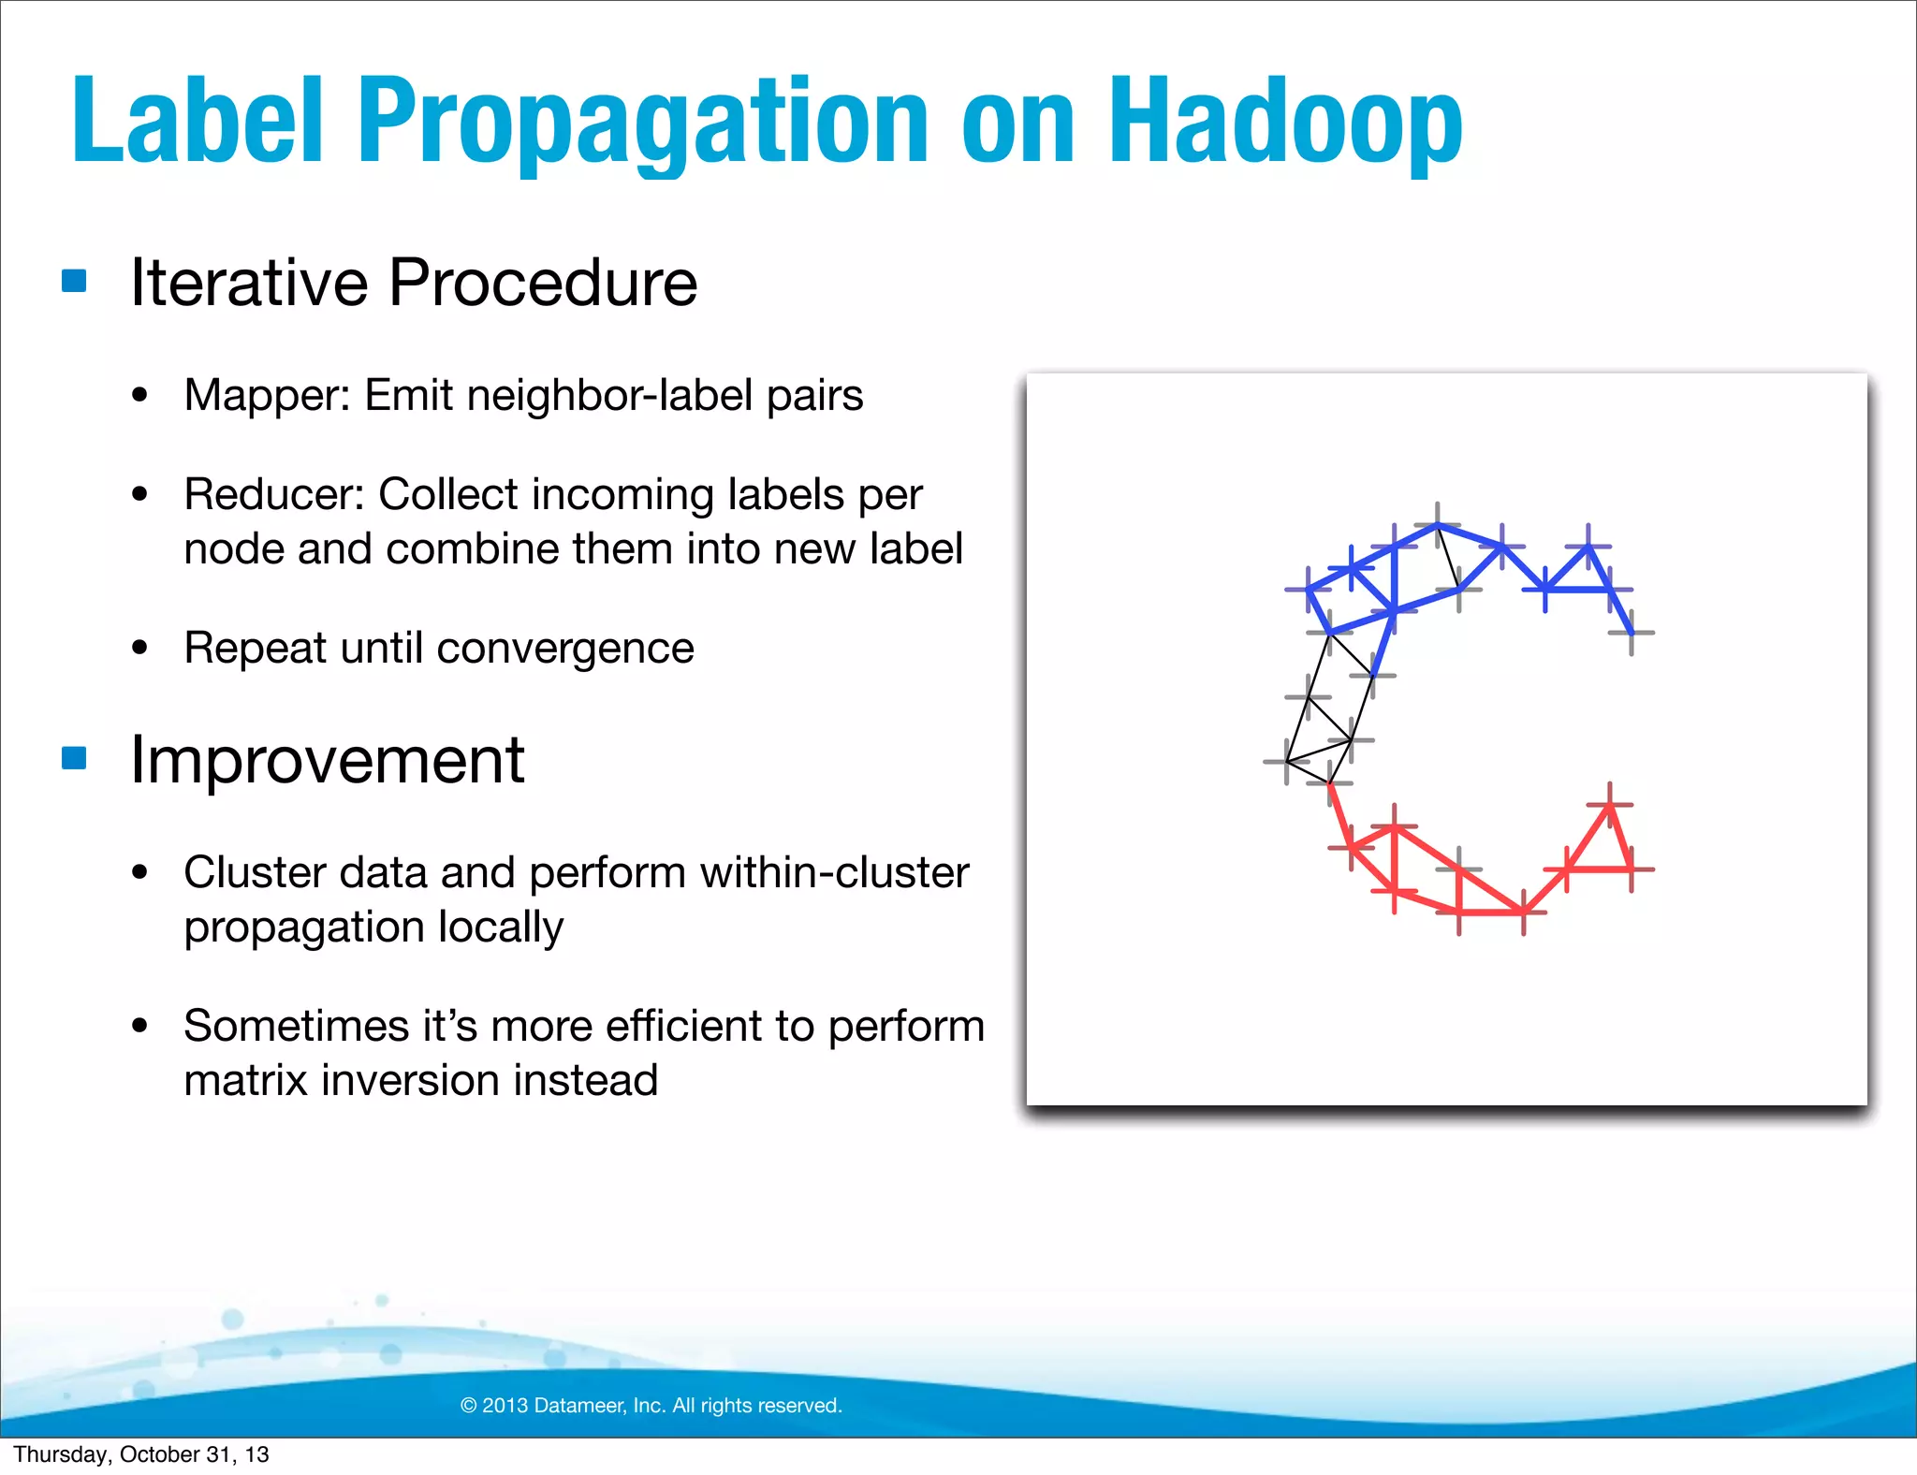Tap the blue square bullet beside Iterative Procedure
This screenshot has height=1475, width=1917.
74,281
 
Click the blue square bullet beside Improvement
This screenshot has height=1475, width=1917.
74,757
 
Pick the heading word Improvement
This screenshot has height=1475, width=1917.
327,759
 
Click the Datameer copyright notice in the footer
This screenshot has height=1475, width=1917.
651,1405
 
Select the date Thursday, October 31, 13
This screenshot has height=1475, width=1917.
141,1454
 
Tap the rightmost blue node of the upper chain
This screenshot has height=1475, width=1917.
1632,634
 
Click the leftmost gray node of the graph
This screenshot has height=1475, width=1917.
1287,762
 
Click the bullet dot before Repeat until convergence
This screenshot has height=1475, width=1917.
140,648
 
